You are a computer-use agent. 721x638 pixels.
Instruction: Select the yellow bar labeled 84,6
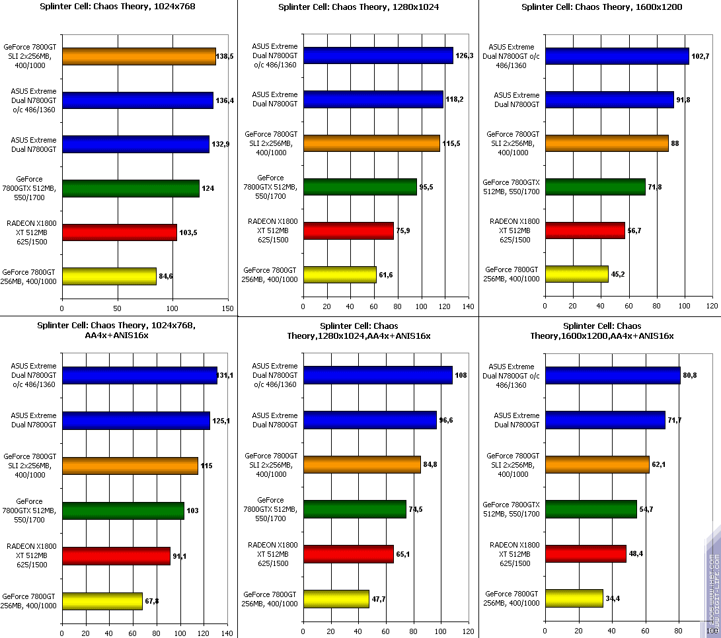tap(109, 276)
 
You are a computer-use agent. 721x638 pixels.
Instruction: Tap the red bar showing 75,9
tap(348, 230)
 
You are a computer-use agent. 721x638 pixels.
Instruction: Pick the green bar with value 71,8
tap(595, 187)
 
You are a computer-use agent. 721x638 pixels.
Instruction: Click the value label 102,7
tap(700, 55)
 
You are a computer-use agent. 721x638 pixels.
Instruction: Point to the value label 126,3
tap(465, 55)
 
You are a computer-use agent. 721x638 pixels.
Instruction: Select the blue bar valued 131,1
tap(139, 375)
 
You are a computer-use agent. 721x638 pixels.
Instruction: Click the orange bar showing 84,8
tap(361, 464)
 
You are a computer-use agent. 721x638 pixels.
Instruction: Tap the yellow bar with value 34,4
tap(574, 598)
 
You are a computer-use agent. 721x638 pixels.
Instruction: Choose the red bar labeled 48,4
tap(586, 553)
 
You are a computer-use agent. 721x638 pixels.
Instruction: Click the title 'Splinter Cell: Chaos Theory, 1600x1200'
tap(601, 7)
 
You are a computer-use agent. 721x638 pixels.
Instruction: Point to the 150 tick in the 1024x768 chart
tap(228, 308)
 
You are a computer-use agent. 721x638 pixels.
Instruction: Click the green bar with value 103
tap(123, 511)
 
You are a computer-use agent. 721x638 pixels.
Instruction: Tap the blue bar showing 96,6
tap(369, 419)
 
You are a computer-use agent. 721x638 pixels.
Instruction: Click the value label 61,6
tap(387, 274)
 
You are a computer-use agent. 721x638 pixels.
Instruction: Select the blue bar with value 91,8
tap(609, 100)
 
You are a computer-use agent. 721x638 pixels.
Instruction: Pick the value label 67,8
tap(151, 600)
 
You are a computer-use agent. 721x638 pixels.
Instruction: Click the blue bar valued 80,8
tap(613, 375)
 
